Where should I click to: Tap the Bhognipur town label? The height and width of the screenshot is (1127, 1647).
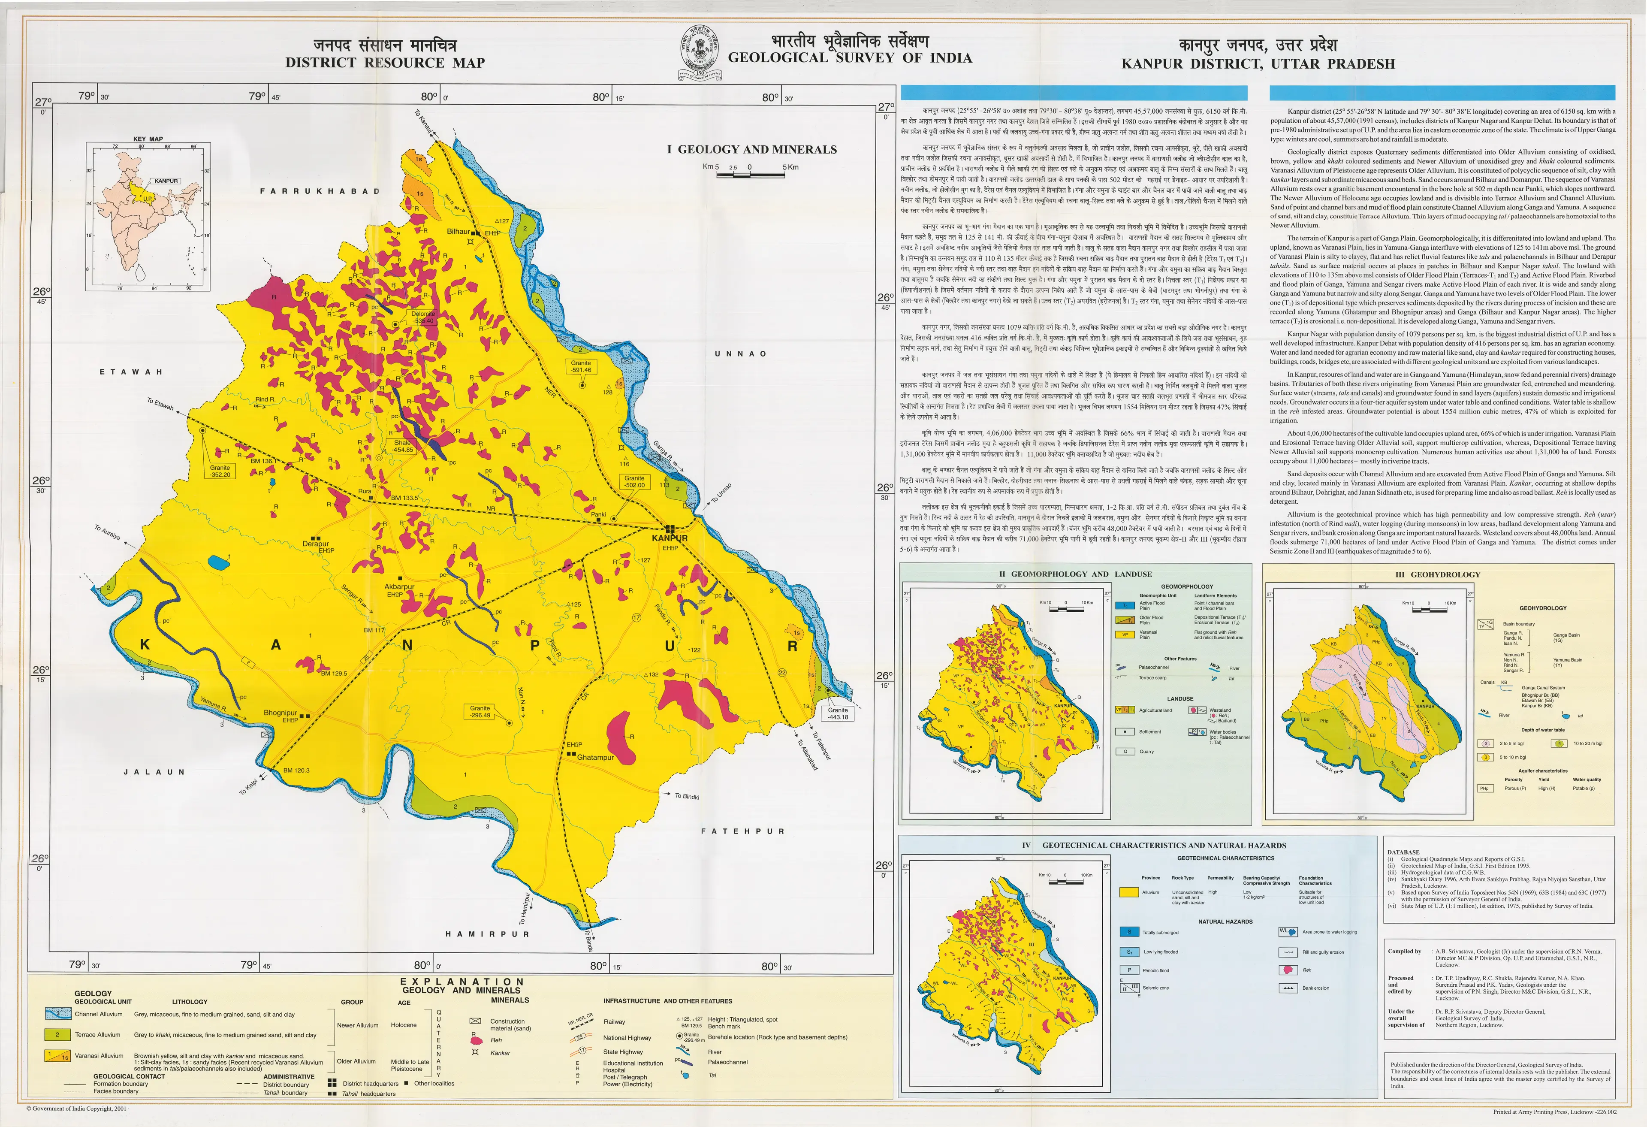point(280,712)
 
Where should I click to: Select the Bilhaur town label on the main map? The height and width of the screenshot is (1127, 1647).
point(459,232)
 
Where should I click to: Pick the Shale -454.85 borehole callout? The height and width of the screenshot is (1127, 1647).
point(403,446)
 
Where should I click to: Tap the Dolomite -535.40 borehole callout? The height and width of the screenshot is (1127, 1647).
point(423,317)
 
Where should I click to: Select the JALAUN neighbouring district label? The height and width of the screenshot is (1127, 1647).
point(154,772)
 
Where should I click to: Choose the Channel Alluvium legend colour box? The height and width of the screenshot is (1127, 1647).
point(57,1014)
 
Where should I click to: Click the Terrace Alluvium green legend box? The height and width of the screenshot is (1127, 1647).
point(57,1035)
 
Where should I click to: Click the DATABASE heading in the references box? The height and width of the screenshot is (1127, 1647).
point(1403,852)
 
